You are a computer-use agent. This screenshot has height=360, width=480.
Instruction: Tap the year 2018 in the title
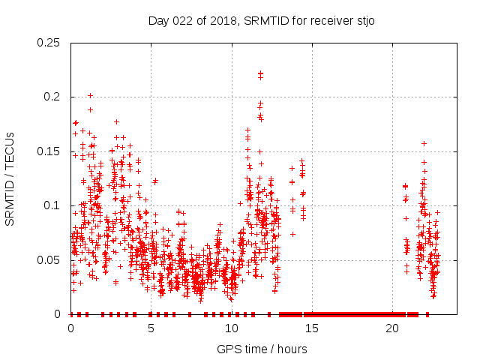(217, 19)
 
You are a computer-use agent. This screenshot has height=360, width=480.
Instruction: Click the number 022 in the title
(182, 19)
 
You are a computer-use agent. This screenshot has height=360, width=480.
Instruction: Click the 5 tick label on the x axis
(151, 328)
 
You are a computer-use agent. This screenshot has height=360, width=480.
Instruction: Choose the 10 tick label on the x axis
(232, 328)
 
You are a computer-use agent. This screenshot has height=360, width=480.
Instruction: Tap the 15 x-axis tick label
(312, 328)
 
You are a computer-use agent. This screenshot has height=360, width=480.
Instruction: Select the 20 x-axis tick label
(392, 328)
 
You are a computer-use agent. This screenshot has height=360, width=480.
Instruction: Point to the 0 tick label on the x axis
(71, 328)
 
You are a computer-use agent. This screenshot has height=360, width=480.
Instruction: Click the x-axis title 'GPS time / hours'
(262, 349)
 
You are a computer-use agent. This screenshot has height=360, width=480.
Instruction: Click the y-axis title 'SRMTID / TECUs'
(10, 178)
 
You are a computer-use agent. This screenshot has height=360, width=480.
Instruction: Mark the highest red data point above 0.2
(260, 73)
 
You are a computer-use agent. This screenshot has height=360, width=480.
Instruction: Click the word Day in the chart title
(158, 19)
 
